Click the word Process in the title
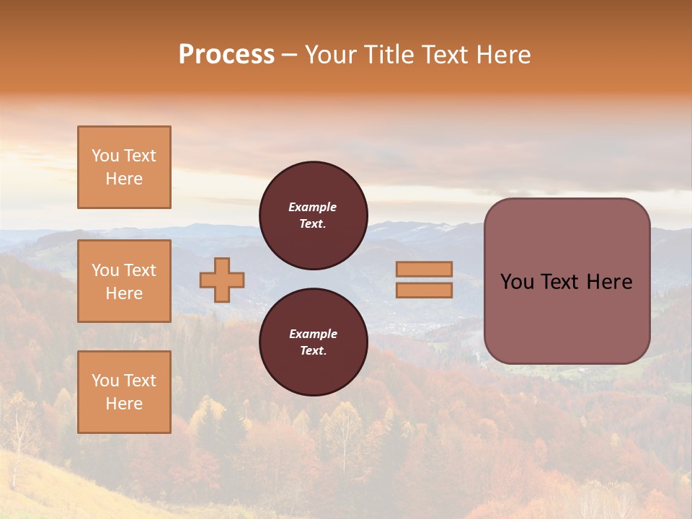click(226, 55)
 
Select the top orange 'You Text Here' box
click(124, 167)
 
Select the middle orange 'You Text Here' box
click(124, 281)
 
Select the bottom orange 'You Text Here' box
click(124, 392)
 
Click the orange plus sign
click(222, 280)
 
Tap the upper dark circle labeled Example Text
click(313, 216)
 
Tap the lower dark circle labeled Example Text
click(313, 342)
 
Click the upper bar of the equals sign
click(424, 269)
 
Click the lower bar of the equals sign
click(424, 290)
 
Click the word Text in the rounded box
click(567, 282)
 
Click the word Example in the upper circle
click(313, 207)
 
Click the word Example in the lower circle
click(313, 334)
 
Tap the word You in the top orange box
click(105, 156)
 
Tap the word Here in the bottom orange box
click(124, 404)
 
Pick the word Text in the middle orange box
click(139, 270)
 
